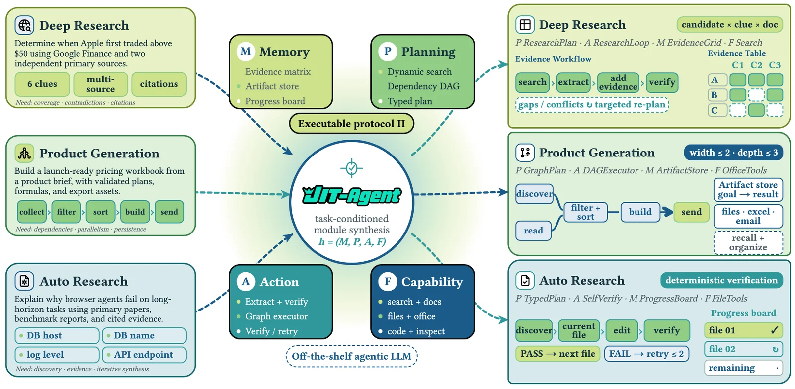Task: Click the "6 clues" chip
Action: [x=42, y=84]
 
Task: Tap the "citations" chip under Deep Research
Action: [x=159, y=84]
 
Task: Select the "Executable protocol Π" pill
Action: [x=351, y=124]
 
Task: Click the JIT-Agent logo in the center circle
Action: [x=351, y=195]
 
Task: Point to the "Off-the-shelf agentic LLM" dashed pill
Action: [x=351, y=356]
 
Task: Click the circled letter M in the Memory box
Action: [x=245, y=52]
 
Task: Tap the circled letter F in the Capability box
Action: [x=387, y=282]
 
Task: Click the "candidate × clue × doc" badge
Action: [x=729, y=24]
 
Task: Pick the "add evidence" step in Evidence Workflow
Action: [x=618, y=82]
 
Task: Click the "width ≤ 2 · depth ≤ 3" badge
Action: [x=733, y=152]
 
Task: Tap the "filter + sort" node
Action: [x=585, y=212]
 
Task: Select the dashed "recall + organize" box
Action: [x=748, y=243]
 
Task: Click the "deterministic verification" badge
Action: [x=721, y=280]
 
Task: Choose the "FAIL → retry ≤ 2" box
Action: [x=646, y=354]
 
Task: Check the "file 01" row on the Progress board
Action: [x=743, y=330]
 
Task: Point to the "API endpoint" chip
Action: [x=145, y=355]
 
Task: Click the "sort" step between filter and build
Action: [x=100, y=212]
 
